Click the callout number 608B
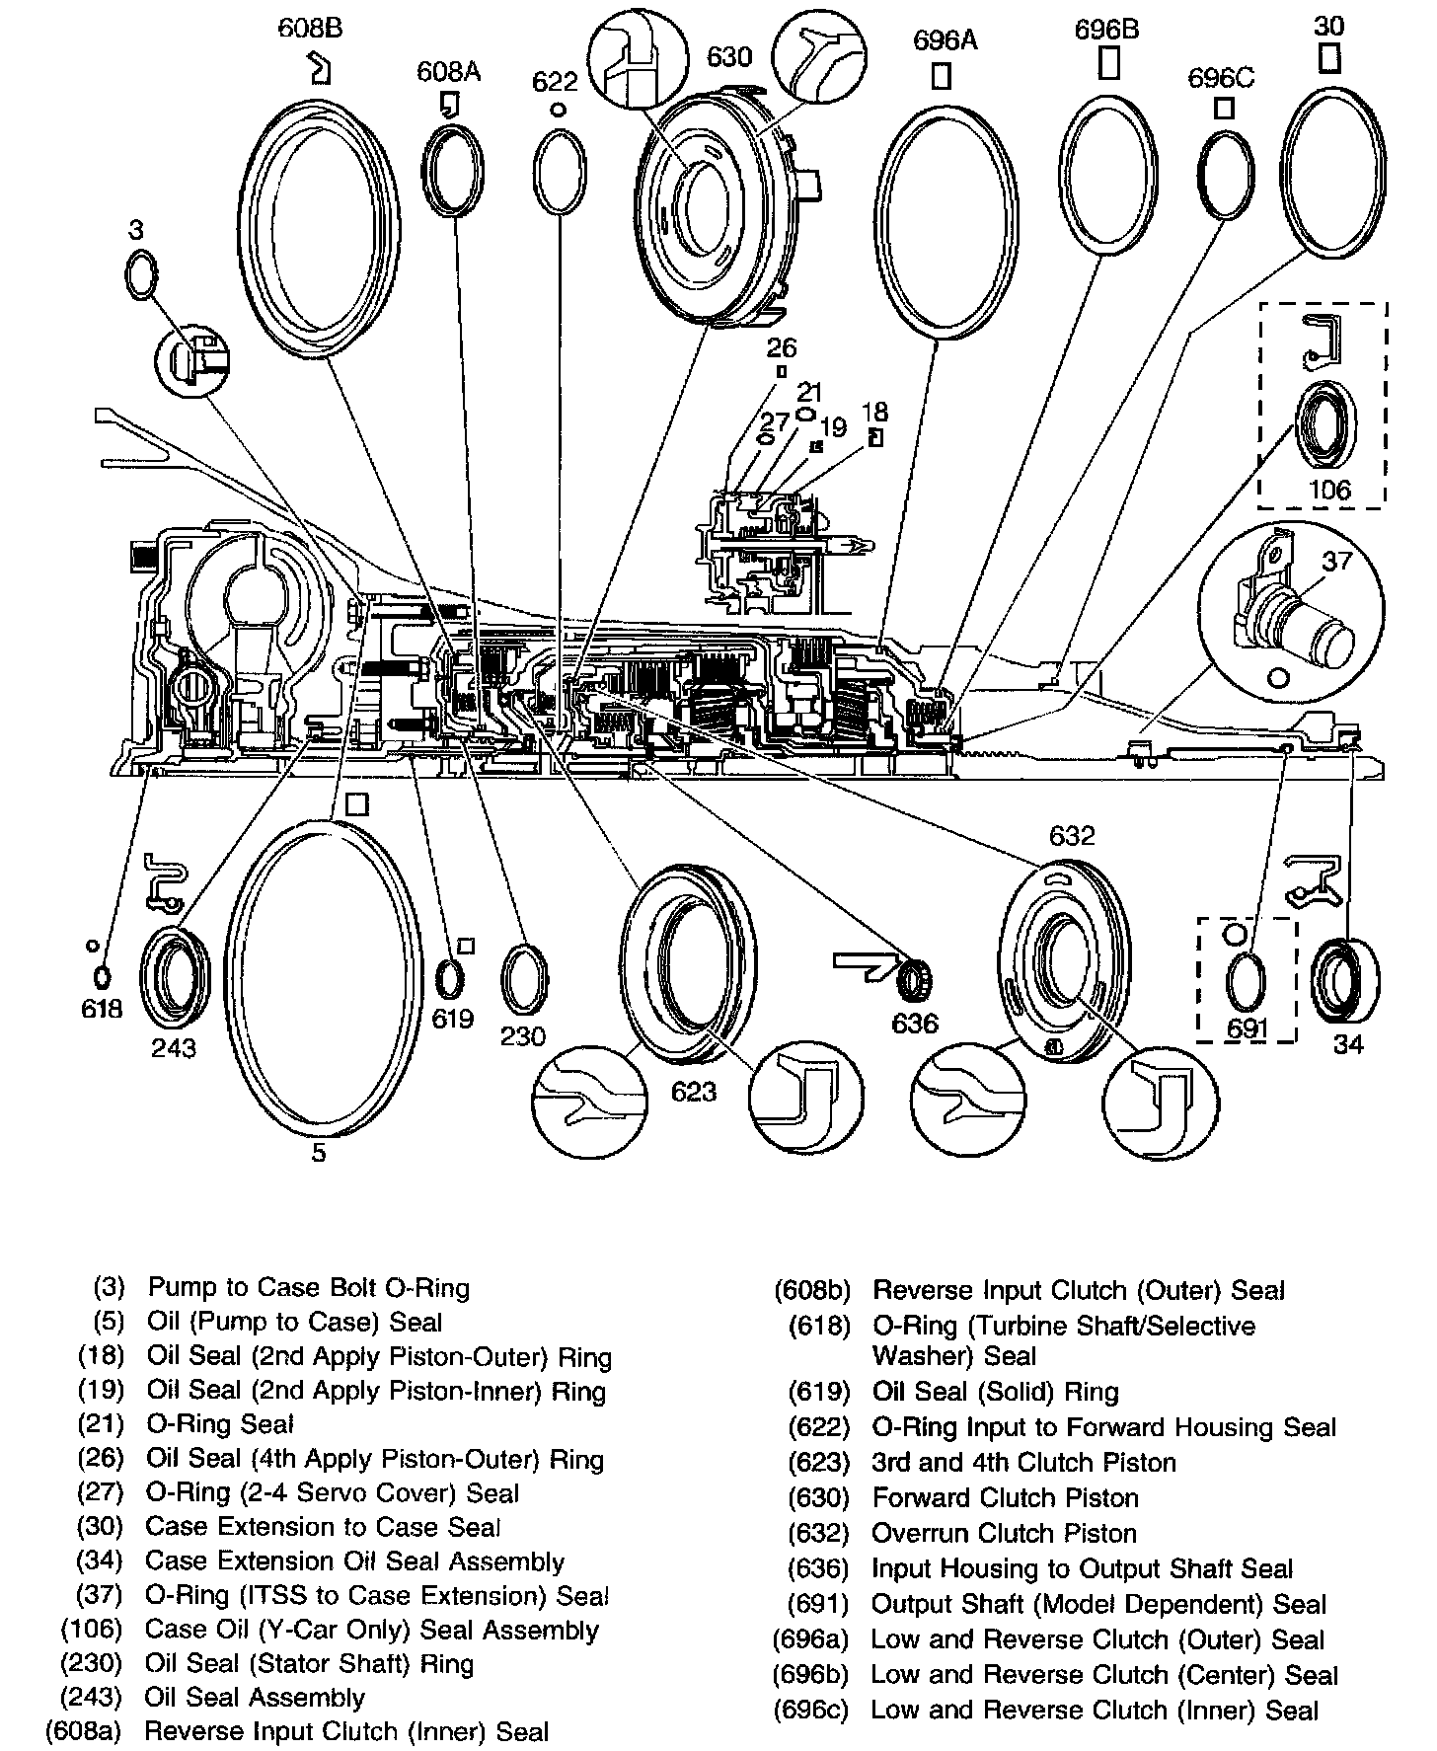(x=310, y=28)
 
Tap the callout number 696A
(x=945, y=40)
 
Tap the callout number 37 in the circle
(x=1336, y=561)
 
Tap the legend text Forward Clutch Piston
(x=1005, y=1497)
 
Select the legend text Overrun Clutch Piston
(x=1004, y=1533)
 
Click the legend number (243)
(x=91, y=1697)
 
